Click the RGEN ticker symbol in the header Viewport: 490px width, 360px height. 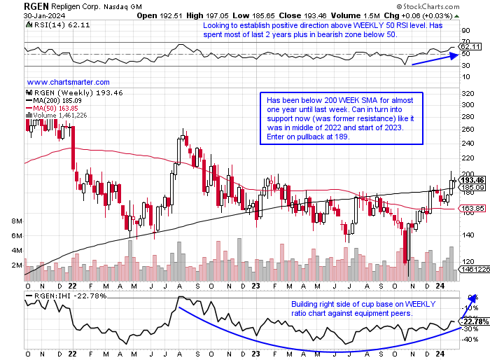click(37, 7)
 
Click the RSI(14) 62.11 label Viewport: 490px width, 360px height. click(52, 25)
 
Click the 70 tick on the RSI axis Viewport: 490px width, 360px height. click(465, 41)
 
